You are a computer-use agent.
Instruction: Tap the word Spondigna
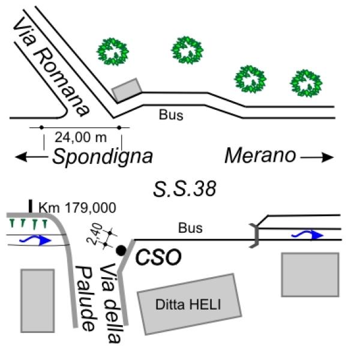click(102, 157)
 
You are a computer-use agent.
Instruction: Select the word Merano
click(260, 156)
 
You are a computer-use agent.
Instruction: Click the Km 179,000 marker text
click(77, 208)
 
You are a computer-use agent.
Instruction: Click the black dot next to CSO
click(121, 250)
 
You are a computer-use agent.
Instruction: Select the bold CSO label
click(158, 258)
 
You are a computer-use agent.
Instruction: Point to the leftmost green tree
click(113, 52)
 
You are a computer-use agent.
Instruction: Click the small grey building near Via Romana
click(127, 89)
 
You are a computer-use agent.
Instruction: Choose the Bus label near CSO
click(190, 228)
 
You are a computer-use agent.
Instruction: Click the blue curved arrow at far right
click(308, 234)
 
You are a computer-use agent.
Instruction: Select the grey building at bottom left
click(37, 300)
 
